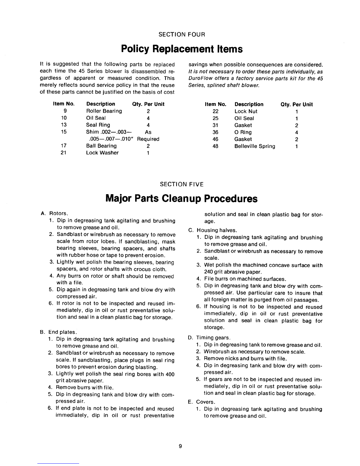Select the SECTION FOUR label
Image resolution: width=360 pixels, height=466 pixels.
[x=181, y=34]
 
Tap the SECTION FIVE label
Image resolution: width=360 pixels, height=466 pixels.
[x=181, y=184]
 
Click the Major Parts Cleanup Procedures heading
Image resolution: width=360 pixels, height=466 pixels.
[x=181, y=199]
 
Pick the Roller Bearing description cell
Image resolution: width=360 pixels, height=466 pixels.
[x=104, y=111]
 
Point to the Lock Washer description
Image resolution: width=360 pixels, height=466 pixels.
[x=102, y=153]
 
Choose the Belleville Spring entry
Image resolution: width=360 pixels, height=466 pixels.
[x=255, y=146]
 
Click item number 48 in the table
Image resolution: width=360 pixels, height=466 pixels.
[x=215, y=146]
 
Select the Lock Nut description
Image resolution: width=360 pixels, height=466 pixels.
[x=246, y=111]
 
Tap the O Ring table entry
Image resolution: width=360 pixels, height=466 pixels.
[x=243, y=132]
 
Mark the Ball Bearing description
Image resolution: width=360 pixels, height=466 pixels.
[x=101, y=146]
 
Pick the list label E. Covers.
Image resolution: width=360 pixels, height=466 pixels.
[x=202, y=402]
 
